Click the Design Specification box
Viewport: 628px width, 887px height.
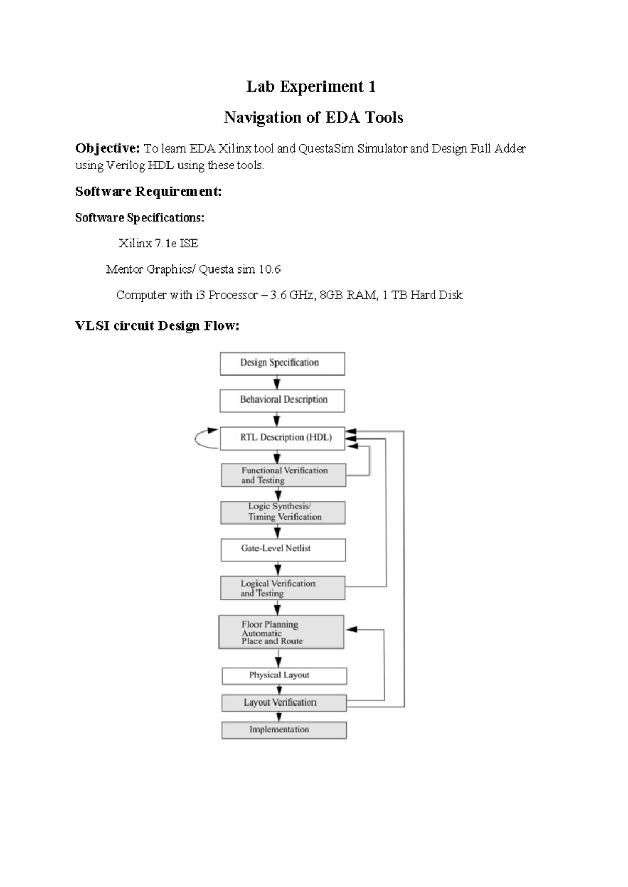pos(282,363)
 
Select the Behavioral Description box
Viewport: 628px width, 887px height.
pos(282,400)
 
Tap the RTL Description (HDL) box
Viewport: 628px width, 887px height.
pos(283,438)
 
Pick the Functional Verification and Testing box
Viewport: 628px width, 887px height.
pos(283,475)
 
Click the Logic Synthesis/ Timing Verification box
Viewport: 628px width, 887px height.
pos(283,512)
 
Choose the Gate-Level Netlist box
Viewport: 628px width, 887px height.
pos(283,549)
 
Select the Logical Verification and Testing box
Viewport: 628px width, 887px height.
pos(282,588)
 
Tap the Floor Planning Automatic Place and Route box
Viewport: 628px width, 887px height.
pos(281,632)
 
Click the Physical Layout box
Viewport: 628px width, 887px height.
pos(284,675)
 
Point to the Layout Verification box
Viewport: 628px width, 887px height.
pos(284,702)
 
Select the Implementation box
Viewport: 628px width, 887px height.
pos(284,730)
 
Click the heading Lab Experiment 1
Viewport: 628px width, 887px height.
pos(311,86)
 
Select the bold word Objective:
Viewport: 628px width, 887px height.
pos(107,149)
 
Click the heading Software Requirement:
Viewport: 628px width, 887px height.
pos(149,191)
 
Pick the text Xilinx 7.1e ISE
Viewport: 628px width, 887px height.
pos(158,243)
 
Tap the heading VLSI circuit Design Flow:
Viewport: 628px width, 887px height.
pos(157,326)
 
